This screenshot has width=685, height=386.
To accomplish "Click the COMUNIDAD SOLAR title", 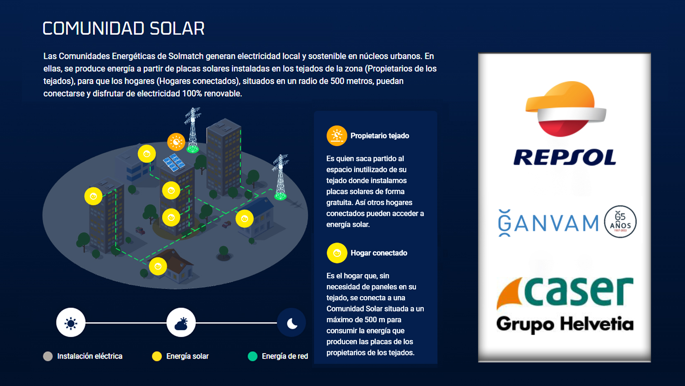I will (x=123, y=29).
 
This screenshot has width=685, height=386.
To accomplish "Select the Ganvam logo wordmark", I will (x=549, y=223).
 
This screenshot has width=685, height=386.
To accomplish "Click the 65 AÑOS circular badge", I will (x=620, y=222).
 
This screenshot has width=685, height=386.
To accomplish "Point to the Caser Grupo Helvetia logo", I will (x=565, y=304).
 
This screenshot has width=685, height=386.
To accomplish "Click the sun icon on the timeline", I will (x=71, y=323).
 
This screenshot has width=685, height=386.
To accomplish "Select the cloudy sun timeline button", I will (x=181, y=323).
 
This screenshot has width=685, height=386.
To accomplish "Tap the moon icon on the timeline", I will (x=292, y=323).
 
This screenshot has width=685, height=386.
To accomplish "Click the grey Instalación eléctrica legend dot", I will (x=48, y=356).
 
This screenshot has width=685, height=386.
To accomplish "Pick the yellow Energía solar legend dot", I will (x=157, y=356).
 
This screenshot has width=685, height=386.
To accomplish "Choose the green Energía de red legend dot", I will (x=252, y=356).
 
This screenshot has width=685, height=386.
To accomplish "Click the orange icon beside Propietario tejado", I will (x=337, y=136).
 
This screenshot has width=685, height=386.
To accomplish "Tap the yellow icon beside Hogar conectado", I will (x=337, y=253).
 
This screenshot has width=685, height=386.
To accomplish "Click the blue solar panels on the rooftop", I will (x=174, y=162).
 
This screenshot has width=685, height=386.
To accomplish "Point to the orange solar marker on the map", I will (x=176, y=142).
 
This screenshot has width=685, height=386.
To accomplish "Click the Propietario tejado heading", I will (x=380, y=136).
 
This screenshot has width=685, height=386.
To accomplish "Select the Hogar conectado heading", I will (x=379, y=253).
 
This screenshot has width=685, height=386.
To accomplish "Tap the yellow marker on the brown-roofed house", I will (x=158, y=266).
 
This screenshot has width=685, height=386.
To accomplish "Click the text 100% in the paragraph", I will (x=192, y=94).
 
